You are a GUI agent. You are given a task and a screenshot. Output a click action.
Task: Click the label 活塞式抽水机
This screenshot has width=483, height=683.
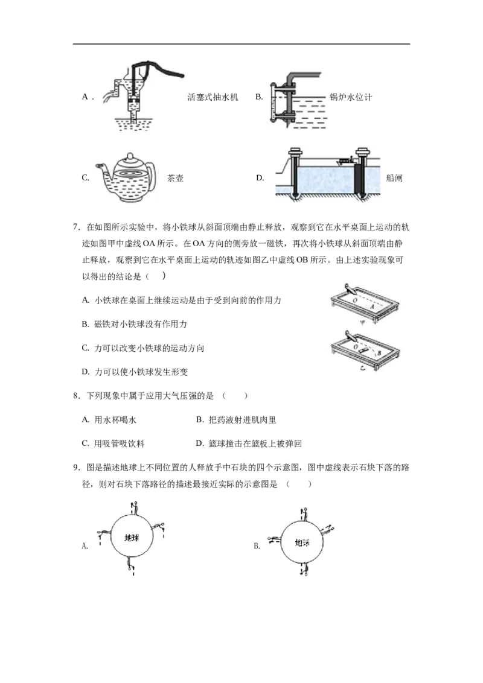click(x=213, y=97)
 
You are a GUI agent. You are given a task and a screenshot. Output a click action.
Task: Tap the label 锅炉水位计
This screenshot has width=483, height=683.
click(x=351, y=97)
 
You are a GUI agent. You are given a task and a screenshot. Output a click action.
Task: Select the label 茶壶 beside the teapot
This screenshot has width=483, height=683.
click(x=175, y=178)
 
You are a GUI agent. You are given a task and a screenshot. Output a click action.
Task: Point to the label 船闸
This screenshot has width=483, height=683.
click(x=394, y=178)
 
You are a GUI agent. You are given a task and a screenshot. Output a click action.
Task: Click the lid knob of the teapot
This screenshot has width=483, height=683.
click(x=129, y=156)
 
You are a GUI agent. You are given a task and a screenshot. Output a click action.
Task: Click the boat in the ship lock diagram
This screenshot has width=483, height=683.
click(x=344, y=161)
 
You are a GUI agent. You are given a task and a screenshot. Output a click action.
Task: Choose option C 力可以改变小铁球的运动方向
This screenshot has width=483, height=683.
click(x=143, y=348)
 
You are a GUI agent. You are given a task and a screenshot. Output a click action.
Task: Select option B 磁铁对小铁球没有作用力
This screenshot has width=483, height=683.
click(x=134, y=324)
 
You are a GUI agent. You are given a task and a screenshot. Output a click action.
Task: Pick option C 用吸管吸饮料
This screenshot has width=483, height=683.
click(x=114, y=443)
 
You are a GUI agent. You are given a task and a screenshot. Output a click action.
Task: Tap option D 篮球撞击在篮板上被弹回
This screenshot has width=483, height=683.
click(x=249, y=443)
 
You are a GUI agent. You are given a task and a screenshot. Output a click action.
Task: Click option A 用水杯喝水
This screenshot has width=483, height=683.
click(x=109, y=419)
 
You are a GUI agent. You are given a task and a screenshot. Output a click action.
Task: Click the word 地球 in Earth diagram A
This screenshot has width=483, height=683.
click(x=131, y=538)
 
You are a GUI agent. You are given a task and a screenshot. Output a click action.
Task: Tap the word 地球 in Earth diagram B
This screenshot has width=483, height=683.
click(x=302, y=543)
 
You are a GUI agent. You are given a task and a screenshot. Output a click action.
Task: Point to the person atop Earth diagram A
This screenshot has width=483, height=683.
click(x=135, y=508)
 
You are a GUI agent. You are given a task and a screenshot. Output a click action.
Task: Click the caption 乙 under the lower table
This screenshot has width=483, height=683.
click(x=363, y=368)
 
